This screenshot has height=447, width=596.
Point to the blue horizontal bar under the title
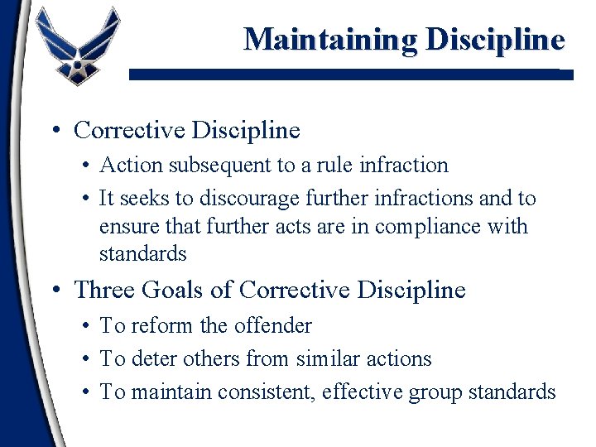(x=348, y=74)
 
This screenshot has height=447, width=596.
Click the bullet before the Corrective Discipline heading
(x=53, y=131)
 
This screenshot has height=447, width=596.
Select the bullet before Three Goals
(x=53, y=291)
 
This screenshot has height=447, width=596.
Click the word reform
(x=161, y=326)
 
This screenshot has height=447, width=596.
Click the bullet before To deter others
(x=88, y=359)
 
